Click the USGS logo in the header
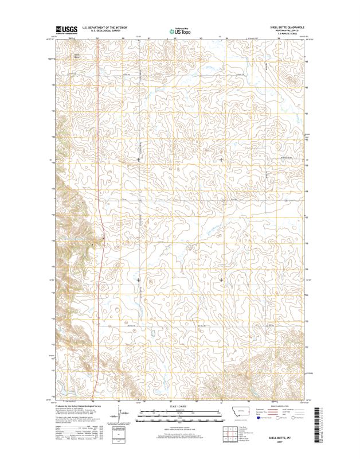(65, 30)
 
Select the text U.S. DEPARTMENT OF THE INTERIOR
(104, 27)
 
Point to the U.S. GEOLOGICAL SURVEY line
(104, 30)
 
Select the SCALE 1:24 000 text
(180, 406)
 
